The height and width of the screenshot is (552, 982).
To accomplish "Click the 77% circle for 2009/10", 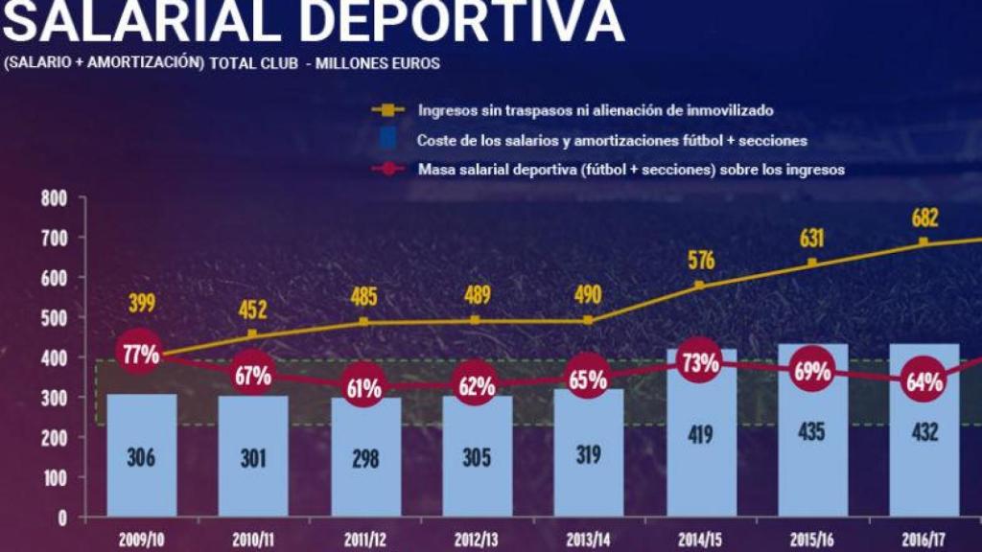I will [140, 354].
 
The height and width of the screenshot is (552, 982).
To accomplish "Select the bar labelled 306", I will [142, 455].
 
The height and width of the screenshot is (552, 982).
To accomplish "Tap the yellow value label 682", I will [924, 218].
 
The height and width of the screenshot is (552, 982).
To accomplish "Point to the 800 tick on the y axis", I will [55, 198].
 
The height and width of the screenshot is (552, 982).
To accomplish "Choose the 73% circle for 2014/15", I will [700, 363].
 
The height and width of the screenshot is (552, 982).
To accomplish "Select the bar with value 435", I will [813, 431].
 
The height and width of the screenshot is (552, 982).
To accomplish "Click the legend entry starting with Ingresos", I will [595, 110].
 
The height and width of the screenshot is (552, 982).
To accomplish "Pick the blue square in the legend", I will [386, 139].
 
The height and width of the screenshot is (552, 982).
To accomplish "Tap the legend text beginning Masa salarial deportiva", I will [630, 170].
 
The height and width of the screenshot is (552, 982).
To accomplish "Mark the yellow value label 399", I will [141, 304].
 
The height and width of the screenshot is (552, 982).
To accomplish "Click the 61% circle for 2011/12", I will [364, 388].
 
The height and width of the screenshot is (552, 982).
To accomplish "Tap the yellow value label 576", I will [701, 260].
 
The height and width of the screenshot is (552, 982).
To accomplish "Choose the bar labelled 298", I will [365, 458].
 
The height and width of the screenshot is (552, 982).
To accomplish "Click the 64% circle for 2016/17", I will [924, 381].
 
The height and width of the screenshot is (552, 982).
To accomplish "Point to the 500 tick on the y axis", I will [55, 317].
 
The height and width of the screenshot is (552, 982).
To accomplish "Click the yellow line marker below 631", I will [812, 263].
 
